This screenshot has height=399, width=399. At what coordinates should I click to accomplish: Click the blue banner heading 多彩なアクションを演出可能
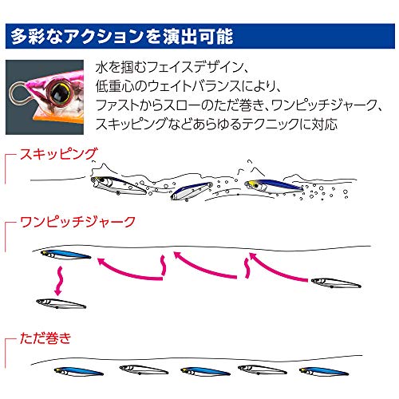(x=200, y=36)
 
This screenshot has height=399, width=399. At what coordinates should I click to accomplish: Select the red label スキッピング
(x=58, y=154)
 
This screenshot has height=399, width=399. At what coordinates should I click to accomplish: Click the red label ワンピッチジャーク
(x=78, y=222)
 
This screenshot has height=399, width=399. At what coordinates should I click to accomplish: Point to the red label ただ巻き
(x=45, y=338)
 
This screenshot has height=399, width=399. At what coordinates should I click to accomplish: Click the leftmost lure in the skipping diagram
(x=118, y=185)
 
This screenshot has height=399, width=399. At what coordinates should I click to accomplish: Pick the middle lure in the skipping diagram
(x=192, y=192)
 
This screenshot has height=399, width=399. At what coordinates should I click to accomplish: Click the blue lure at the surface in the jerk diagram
(x=65, y=255)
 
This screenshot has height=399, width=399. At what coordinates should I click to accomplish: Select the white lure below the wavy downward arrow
(x=61, y=303)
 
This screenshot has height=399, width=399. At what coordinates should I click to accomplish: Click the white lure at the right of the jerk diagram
(x=336, y=282)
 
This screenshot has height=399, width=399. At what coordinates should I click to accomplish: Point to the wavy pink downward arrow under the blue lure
(x=60, y=281)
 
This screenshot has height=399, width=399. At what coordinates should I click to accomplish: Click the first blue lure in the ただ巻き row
(x=79, y=371)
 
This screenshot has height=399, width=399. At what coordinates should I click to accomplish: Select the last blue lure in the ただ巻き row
(x=324, y=371)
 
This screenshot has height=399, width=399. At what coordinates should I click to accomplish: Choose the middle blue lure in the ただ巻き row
(x=205, y=371)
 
